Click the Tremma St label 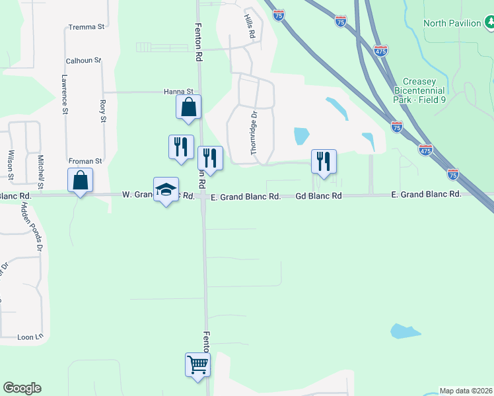point(87,27)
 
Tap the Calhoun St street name point(83,61)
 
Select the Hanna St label point(178,92)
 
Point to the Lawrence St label point(65,94)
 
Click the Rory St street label point(103,111)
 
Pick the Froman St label point(85,160)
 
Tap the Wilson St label point(11,164)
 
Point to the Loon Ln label point(29,337)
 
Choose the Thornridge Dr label point(253,134)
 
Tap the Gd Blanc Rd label point(318,195)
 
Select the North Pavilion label point(452,23)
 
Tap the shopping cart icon point(197,364)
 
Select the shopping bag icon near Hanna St point(188,106)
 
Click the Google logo point(22,388)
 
